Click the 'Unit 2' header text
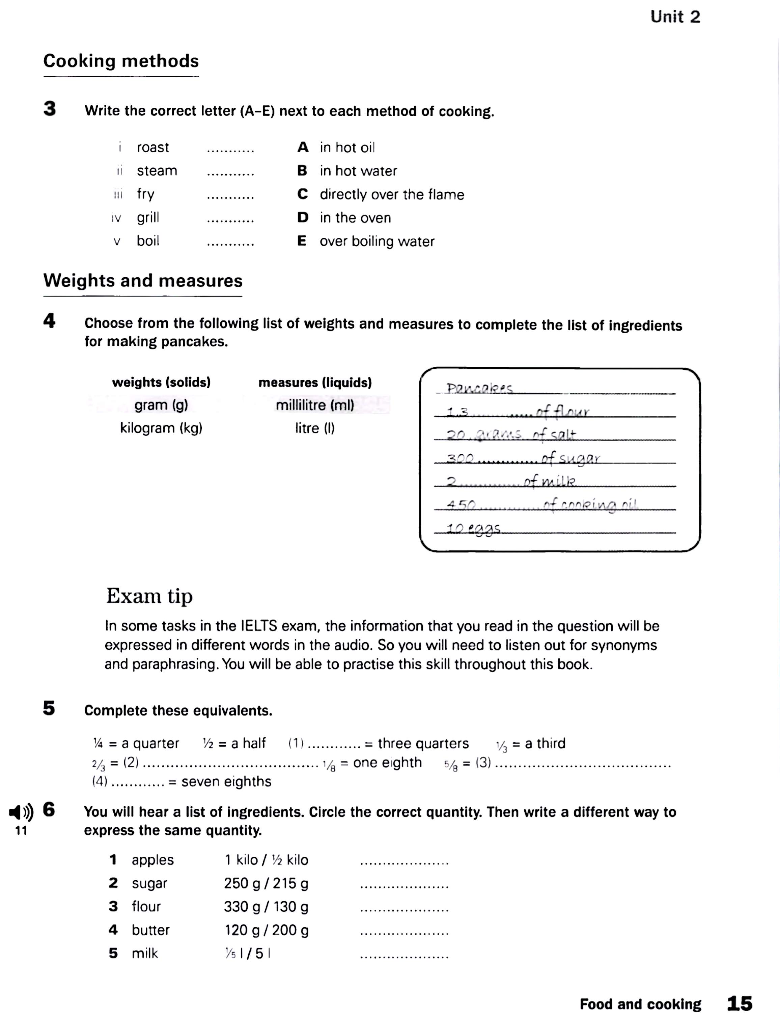point(675,17)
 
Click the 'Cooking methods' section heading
point(121,61)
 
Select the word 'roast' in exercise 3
point(152,148)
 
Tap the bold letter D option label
point(303,217)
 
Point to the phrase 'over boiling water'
point(377,241)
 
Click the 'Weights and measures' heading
point(143,281)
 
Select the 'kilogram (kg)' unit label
point(161,427)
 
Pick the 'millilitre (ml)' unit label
point(315,405)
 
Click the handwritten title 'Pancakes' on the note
point(479,389)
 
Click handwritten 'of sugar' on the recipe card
point(571,459)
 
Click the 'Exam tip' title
point(149,596)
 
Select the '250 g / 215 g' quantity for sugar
point(266,883)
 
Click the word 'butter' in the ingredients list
point(150,930)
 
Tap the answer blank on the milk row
point(404,956)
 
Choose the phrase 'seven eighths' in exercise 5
point(226,782)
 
